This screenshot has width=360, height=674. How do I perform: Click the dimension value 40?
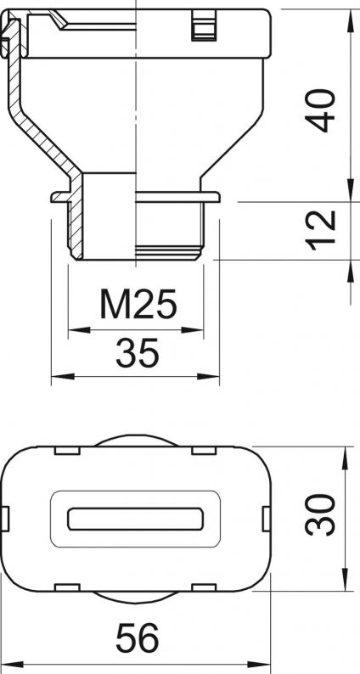click(x=320, y=110)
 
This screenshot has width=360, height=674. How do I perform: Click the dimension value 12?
click(x=320, y=230)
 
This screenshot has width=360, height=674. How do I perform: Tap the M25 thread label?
click(x=138, y=304)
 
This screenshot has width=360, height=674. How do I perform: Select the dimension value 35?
click(x=138, y=352)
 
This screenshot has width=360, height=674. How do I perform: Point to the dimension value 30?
click(x=320, y=514)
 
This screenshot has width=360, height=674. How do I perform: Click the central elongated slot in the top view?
click(x=136, y=519)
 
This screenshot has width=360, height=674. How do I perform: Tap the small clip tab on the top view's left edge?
click(x=5, y=519)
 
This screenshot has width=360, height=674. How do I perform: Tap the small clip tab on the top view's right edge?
click(x=267, y=519)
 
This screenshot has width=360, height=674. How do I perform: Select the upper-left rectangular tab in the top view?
click(x=68, y=451)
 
